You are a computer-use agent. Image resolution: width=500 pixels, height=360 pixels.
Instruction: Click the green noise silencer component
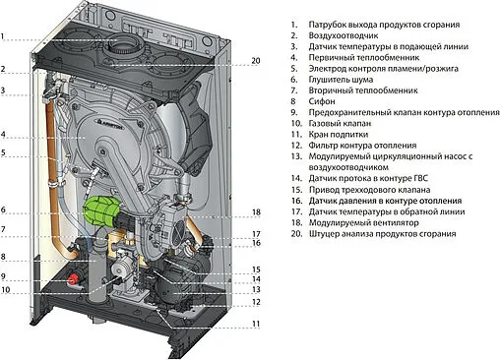tap(100, 210)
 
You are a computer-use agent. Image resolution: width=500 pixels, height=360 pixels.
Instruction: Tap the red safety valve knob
tap(73, 279)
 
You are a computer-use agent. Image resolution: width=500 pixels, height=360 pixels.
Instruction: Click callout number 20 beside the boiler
tap(256, 61)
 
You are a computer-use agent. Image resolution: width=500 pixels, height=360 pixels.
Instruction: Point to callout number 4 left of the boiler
tap(3, 135)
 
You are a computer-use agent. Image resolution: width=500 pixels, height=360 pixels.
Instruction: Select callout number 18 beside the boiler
tap(256, 212)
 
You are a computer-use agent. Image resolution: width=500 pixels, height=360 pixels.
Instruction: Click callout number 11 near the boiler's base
tap(256, 324)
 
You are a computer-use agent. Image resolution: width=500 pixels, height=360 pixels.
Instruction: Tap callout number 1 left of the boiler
tap(3, 36)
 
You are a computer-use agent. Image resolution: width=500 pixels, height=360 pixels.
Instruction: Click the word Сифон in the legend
tap(322, 101)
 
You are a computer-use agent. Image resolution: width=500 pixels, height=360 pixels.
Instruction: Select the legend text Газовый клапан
tap(340, 123)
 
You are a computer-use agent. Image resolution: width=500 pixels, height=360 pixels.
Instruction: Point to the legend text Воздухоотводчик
tap(344, 35)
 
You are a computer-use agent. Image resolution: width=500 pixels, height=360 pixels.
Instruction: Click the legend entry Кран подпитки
tap(339, 135)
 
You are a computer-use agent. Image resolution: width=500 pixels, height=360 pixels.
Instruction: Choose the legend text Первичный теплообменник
tap(364, 57)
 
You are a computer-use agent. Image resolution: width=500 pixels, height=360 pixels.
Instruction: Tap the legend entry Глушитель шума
tap(341, 80)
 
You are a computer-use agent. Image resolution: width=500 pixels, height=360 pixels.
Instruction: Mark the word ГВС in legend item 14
tap(420, 178)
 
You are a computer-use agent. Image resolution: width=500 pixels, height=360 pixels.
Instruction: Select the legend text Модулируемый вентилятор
tap(364, 222)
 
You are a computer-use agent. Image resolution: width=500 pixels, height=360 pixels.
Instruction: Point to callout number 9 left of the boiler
tap(3, 276)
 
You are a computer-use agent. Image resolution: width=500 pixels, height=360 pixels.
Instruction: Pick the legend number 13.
tap(296, 156)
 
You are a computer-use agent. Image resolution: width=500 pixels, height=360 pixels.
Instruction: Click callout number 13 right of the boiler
tap(256, 289)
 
